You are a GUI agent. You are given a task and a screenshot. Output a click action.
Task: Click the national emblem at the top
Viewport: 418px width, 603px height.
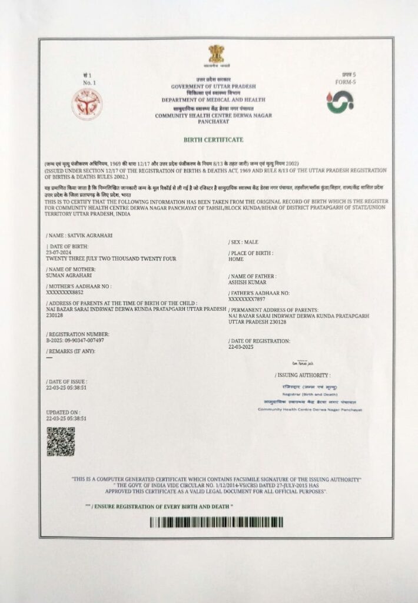click(x=216, y=55)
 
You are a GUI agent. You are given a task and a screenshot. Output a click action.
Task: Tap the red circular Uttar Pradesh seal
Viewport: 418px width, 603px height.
click(x=87, y=104)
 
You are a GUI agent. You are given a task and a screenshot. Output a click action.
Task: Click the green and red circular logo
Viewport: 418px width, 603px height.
click(x=340, y=101)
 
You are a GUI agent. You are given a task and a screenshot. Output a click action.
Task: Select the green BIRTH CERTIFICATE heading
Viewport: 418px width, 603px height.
click(x=213, y=140)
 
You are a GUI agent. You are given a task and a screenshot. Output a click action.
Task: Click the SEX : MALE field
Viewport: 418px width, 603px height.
click(x=243, y=242)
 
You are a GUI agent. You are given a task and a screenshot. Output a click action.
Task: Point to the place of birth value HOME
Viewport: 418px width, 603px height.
click(x=235, y=259)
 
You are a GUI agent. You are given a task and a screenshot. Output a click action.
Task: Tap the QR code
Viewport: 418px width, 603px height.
click(x=61, y=442)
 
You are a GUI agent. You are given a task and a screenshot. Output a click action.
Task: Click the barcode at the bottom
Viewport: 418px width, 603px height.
click(x=215, y=522)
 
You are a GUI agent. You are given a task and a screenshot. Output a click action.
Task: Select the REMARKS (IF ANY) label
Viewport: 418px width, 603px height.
click(x=70, y=351)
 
